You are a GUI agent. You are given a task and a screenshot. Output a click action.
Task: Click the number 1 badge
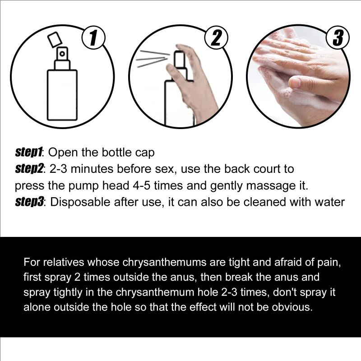(x=93, y=38)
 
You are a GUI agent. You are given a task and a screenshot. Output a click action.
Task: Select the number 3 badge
(x=338, y=38)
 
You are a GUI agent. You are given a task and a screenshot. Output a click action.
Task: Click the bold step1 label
(x=29, y=152)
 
